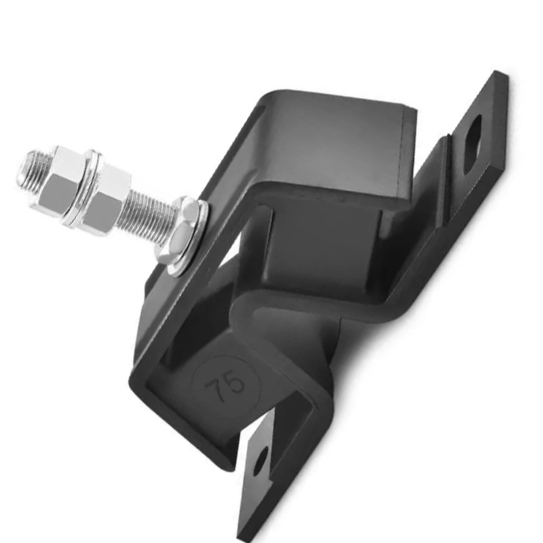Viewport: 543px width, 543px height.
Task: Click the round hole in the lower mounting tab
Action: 260,462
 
